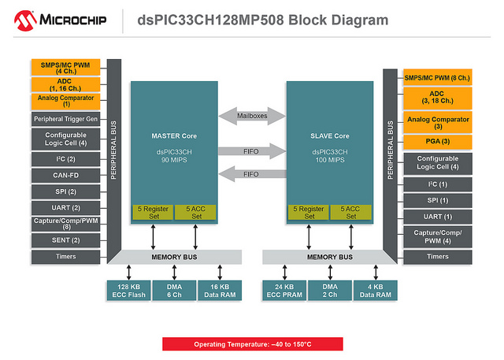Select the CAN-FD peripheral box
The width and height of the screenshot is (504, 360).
[x=65, y=175]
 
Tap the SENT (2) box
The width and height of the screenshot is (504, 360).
[x=65, y=239]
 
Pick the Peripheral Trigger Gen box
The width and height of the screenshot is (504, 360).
[x=65, y=119]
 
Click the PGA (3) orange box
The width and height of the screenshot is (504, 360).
[x=437, y=142]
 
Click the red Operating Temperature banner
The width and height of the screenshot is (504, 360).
[x=251, y=344]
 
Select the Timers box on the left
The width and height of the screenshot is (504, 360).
[x=65, y=256]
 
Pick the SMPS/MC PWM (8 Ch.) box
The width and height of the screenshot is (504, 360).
[x=437, y=77]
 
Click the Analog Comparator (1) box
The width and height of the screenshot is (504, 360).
[x=65, y=101]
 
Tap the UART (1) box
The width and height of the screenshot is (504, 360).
[x=437, y=216]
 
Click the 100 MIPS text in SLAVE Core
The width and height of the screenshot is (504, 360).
[x=328, y=161]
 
